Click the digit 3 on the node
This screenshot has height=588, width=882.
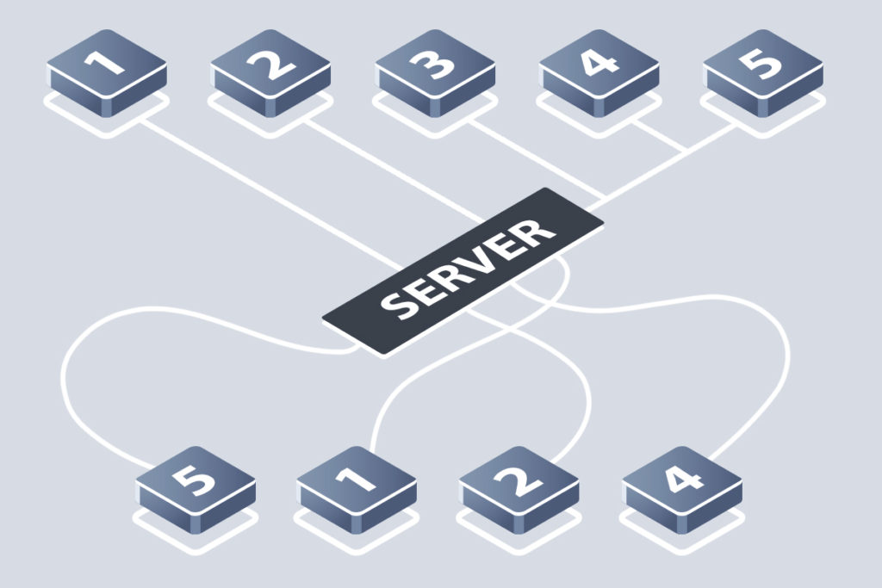click(434, 64)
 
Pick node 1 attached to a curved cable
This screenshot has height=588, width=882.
click(357, 490)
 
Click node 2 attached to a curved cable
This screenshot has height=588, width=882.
click(519, 490)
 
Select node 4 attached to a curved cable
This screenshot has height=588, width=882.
click(682, 490)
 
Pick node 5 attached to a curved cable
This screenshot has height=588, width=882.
click(196, 490)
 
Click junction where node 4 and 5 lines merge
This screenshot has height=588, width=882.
click(686, 151)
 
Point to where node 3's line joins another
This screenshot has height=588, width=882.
click(606, 197)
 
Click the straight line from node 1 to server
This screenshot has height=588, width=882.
click(271, 194)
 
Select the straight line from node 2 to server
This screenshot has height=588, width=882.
click(394, 170)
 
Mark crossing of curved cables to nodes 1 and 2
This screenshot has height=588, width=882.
click(509, 328)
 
